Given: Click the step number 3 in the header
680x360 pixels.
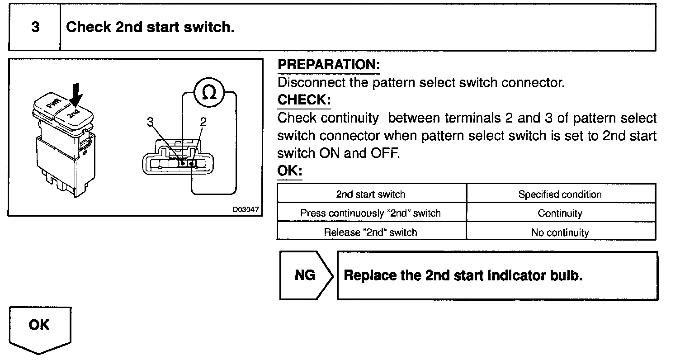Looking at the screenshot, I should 35,27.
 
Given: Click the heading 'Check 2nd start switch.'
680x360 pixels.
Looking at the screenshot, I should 150,27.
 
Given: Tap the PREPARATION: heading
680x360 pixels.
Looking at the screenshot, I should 329,65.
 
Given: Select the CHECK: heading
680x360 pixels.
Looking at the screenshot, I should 304,99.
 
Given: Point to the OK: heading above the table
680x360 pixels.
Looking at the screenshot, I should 289,171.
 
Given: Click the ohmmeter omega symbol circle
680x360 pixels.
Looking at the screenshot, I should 209,93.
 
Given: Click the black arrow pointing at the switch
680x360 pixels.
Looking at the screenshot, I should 76,95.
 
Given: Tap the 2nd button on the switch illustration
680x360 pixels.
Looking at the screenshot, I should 73,113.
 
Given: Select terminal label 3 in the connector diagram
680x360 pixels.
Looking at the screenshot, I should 151,121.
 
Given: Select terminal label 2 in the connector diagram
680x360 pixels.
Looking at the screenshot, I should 203,121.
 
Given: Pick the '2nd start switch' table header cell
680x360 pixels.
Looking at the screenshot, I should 371,194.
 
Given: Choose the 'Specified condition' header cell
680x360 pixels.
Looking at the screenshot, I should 560,194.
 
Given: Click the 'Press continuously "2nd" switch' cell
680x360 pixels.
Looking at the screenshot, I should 371,213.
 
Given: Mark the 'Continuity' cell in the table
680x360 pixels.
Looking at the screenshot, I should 560,213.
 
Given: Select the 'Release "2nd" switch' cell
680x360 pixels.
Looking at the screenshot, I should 371,232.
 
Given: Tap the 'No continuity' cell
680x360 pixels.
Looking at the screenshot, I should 560,232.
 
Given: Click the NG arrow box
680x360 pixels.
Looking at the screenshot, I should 306,275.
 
